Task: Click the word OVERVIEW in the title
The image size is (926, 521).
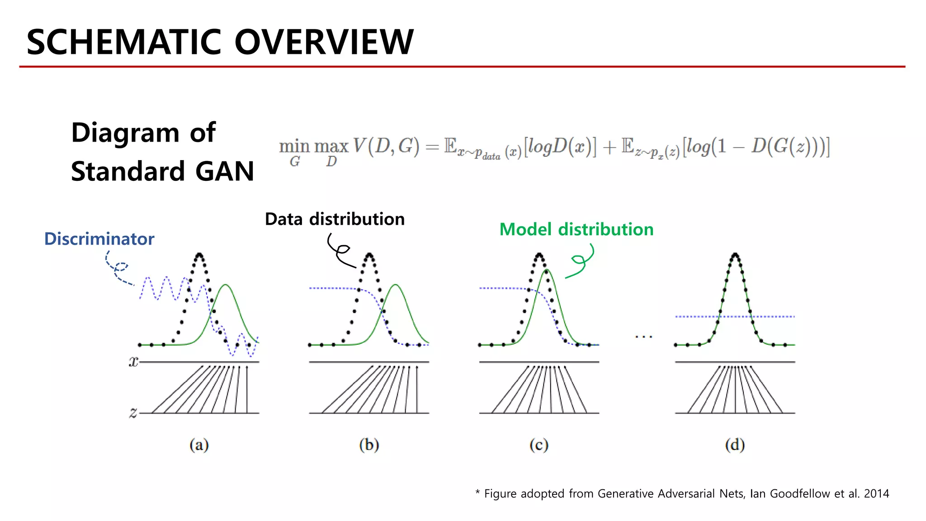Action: point(324,42)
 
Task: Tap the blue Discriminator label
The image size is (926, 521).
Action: point(99,239)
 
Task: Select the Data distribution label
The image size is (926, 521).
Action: point(335,219)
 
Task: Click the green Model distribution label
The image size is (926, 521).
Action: point(576,230)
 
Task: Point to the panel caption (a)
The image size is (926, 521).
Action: point(199,445)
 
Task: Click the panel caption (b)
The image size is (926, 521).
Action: point(369,445)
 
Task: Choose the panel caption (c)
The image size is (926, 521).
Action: point(539,445)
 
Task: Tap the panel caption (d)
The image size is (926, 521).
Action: point(735,445)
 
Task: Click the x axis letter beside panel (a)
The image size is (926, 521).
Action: point(133,362)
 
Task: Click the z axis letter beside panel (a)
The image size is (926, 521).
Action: point(133,412)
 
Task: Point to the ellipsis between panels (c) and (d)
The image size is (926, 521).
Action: point(643,336)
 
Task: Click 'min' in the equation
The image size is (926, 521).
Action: point(294,147)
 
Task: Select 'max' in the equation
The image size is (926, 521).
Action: point(331,147)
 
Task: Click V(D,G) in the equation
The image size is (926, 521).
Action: point(386,147)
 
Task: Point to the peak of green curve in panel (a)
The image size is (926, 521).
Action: point(226,285)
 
